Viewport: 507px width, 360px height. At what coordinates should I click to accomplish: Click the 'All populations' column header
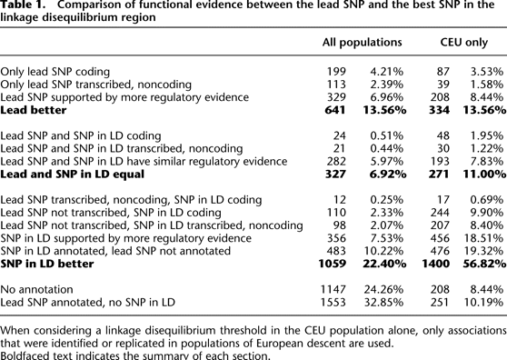(363, 43)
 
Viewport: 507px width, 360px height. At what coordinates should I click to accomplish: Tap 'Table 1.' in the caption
(26, 6)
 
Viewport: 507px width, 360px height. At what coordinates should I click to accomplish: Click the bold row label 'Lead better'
(34, 109)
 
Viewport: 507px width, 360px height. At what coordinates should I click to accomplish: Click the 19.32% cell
(485, 250)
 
